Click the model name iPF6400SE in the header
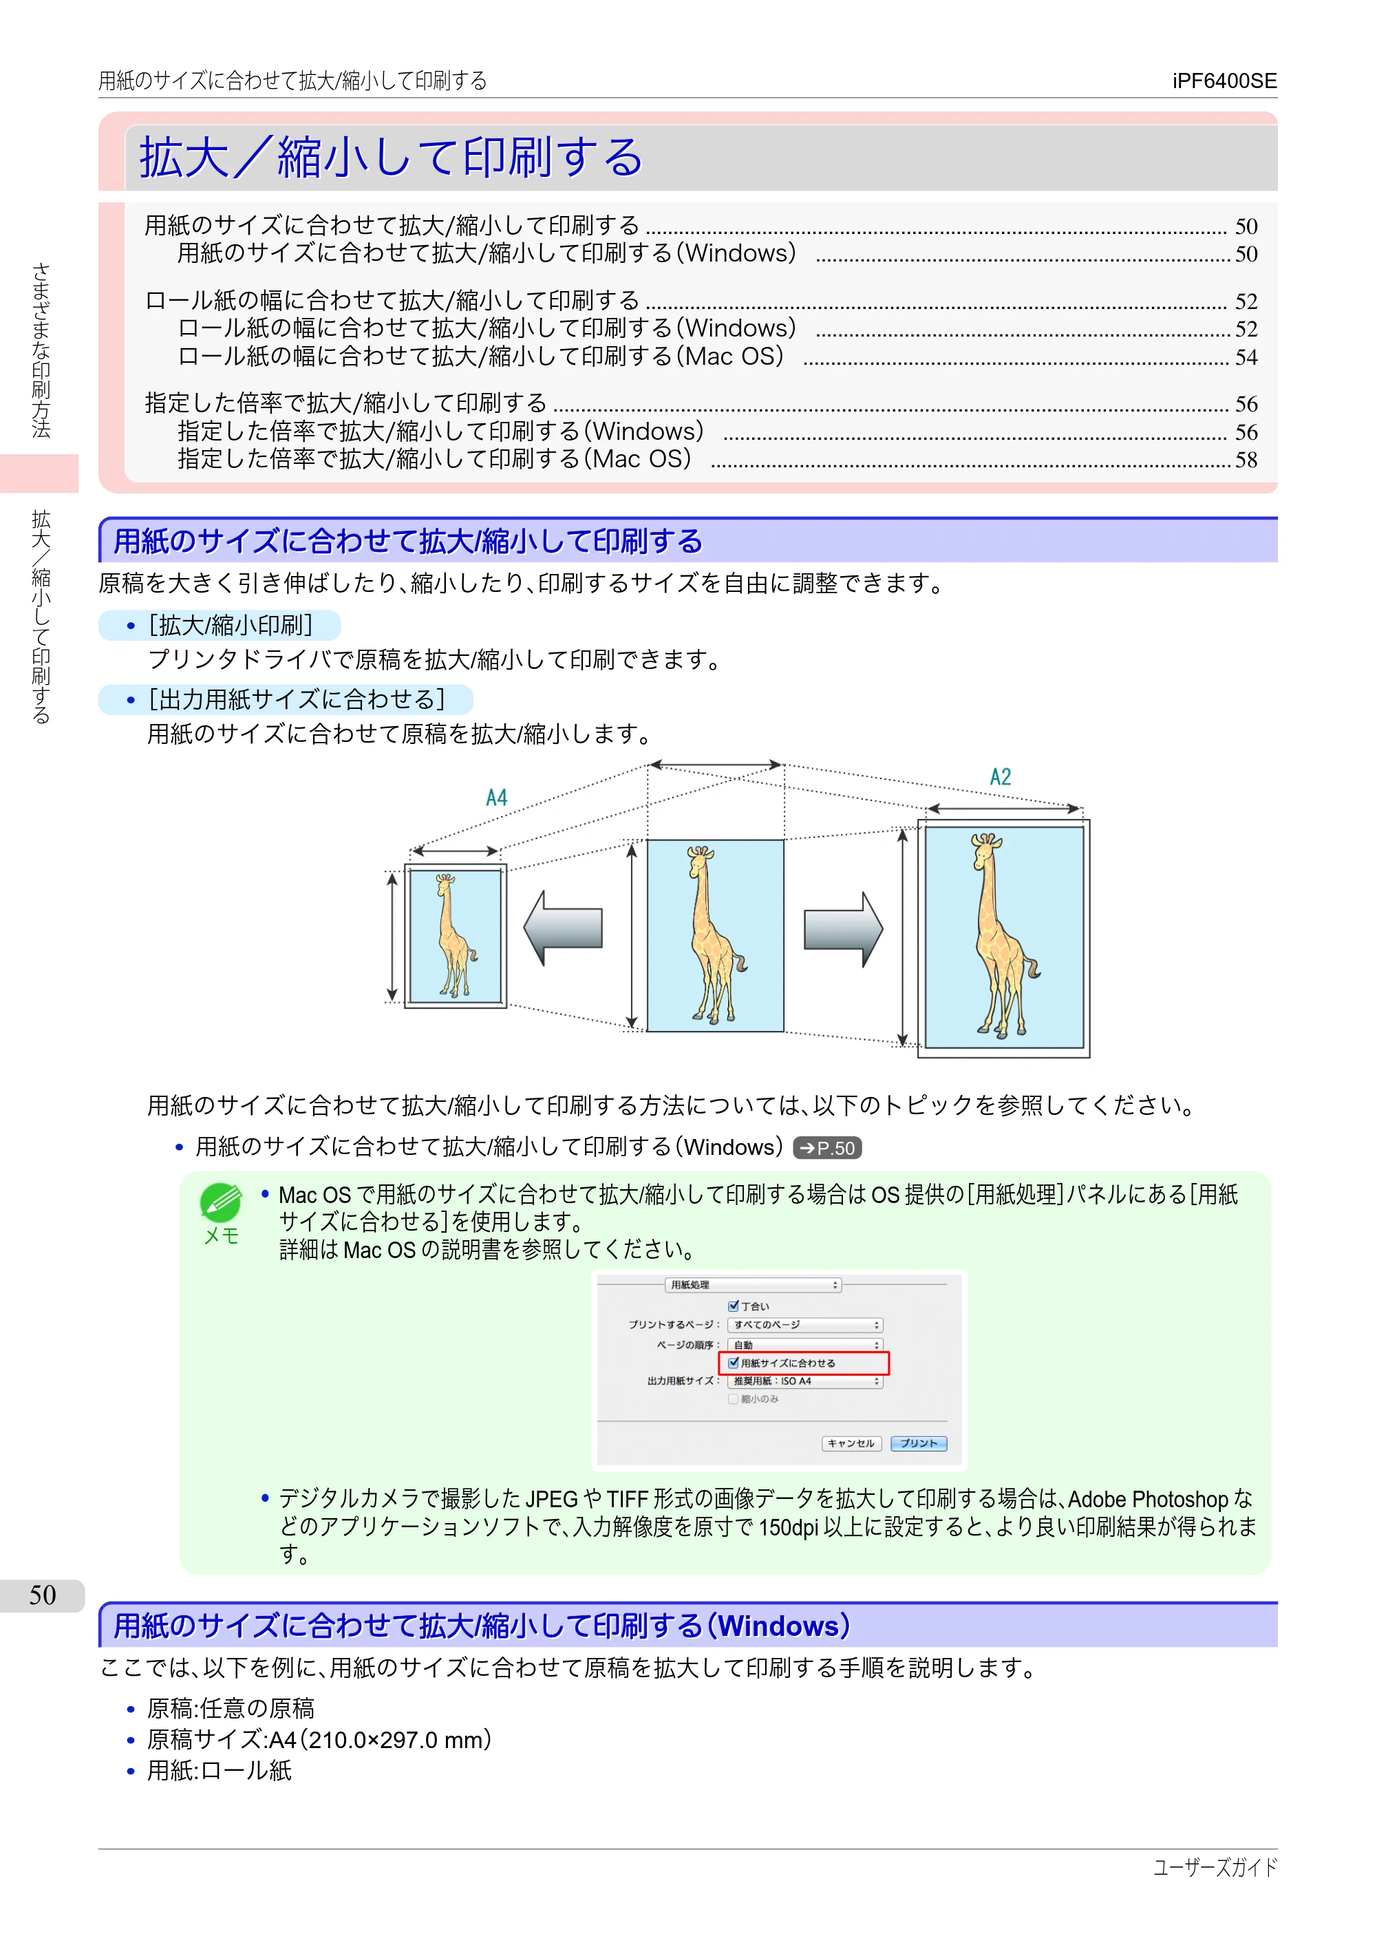[1224, 81]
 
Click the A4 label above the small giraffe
[497, 798]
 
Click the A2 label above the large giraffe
[1001, 777]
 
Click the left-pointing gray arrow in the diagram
[563, 928]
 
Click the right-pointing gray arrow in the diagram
[844, 929]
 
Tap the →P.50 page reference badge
[828, 1148]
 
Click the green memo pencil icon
[220, 1203]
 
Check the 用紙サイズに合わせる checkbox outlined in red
[734, 1363]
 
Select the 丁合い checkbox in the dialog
[734, 1306]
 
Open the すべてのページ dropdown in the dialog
[806, 1325]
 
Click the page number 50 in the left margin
[43, 1595]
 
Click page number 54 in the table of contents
[1246, 357]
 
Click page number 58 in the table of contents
[1246, 460]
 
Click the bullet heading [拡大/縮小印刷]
[231, 626]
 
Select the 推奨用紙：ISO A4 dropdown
[806, 1381]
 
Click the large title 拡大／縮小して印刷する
[391, 158]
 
